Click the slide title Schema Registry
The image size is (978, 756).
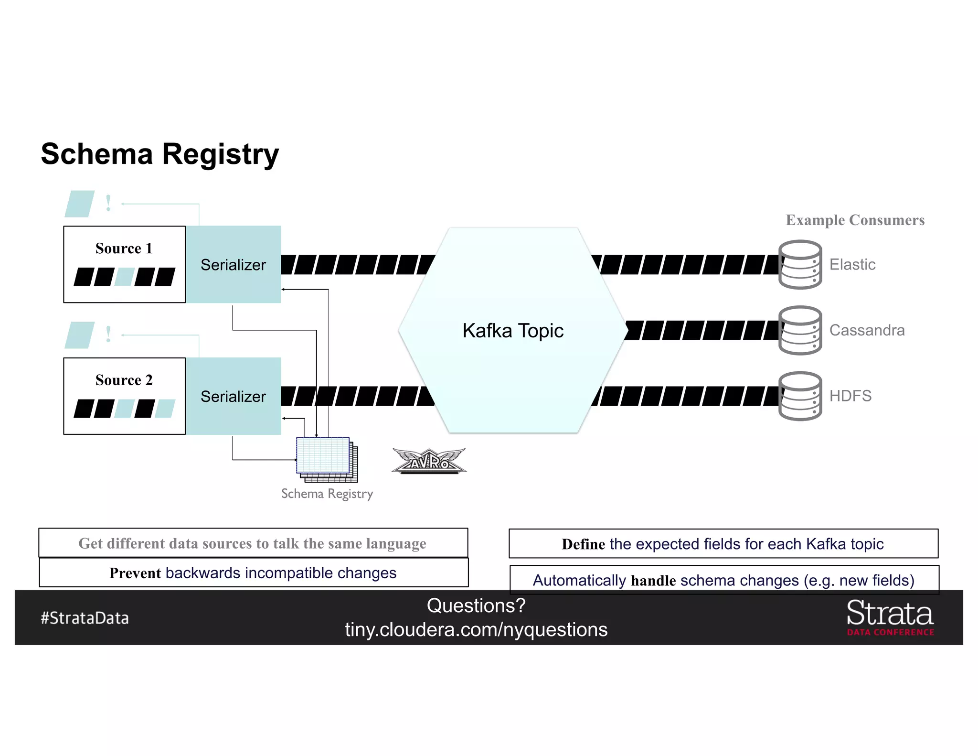coord(159,154)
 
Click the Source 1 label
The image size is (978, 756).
coord(124,248)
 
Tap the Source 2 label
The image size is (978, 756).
coord(124,380)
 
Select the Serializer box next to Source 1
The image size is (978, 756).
coord(233,265)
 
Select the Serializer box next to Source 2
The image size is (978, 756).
coord(233,397)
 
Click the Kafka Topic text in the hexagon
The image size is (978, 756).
coord(513,331)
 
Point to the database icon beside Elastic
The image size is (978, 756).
coord(800,265)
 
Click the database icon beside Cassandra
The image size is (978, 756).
coord(800,331)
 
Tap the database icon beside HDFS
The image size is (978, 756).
coord(800,396)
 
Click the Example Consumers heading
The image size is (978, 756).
coord(855,220)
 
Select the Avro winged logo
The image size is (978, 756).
coord(429,461)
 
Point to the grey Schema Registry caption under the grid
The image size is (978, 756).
coord(327,494)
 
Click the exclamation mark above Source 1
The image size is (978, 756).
coord(108,204)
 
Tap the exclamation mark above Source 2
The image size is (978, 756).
coord(108,335)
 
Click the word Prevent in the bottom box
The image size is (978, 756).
coord(135,573)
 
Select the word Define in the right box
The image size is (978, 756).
coord(583,544)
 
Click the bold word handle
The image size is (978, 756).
coord(653,581)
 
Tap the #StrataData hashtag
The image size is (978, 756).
coord(85,618)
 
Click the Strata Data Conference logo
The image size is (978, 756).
coord(890,618)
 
